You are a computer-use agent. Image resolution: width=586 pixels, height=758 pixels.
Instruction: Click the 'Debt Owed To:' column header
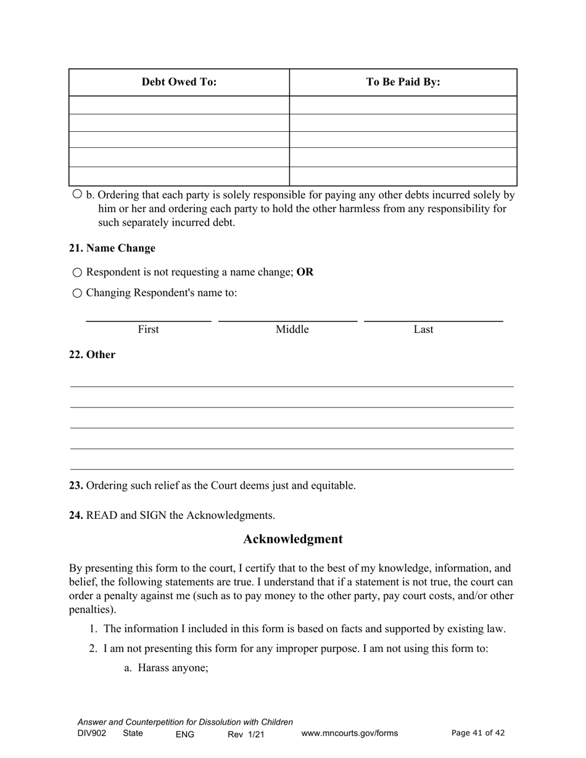[x=179, y=82]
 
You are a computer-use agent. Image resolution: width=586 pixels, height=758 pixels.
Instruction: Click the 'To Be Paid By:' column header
[x=403, y=82]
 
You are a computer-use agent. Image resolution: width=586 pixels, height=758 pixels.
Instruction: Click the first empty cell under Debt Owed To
[x=179, y=105]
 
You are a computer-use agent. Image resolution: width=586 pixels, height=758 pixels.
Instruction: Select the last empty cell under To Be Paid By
[x=403, y=176]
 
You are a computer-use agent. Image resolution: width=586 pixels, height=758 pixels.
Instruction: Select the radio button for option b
[x=77, y=194]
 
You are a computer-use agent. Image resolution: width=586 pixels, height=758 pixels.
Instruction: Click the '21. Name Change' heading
[x=112, y=248]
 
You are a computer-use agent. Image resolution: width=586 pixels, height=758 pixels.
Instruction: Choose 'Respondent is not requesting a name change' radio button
[x=77, y=272]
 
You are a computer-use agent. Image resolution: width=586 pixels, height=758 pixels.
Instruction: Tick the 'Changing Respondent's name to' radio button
[x=77, y=293]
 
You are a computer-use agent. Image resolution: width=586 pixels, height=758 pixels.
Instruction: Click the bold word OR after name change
[x=305, y=272]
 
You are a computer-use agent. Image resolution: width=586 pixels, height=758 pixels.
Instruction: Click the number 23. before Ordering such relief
[x=76, y=486]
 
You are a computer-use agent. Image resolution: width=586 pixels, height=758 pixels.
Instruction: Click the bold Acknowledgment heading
[x=292, y=539]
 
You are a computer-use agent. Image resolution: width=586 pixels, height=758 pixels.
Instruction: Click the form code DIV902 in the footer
[x=92, y=733]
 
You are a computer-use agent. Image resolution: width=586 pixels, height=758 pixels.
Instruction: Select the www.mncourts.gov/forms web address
[x=349, y=733]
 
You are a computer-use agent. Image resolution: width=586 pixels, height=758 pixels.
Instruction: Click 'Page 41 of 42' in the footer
[x=478, y=733]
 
